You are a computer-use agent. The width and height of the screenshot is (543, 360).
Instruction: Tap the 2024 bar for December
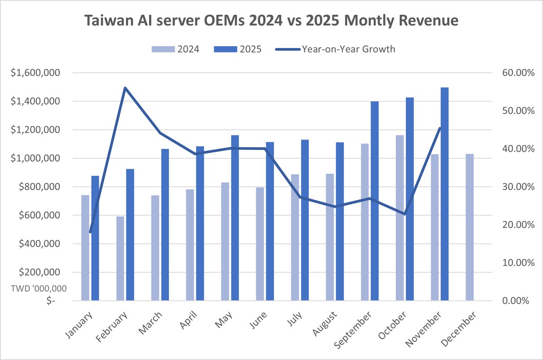[469, 227]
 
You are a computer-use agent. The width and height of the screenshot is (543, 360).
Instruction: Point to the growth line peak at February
[125, 87]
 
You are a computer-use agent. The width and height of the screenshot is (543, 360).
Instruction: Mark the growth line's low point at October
[404, 214]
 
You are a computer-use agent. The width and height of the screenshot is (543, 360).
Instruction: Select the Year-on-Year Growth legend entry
[336, 49]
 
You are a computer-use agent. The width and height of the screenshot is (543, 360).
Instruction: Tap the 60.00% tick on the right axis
[516, 73]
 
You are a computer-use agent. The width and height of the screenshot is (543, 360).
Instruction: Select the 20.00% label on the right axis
[516, 225]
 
